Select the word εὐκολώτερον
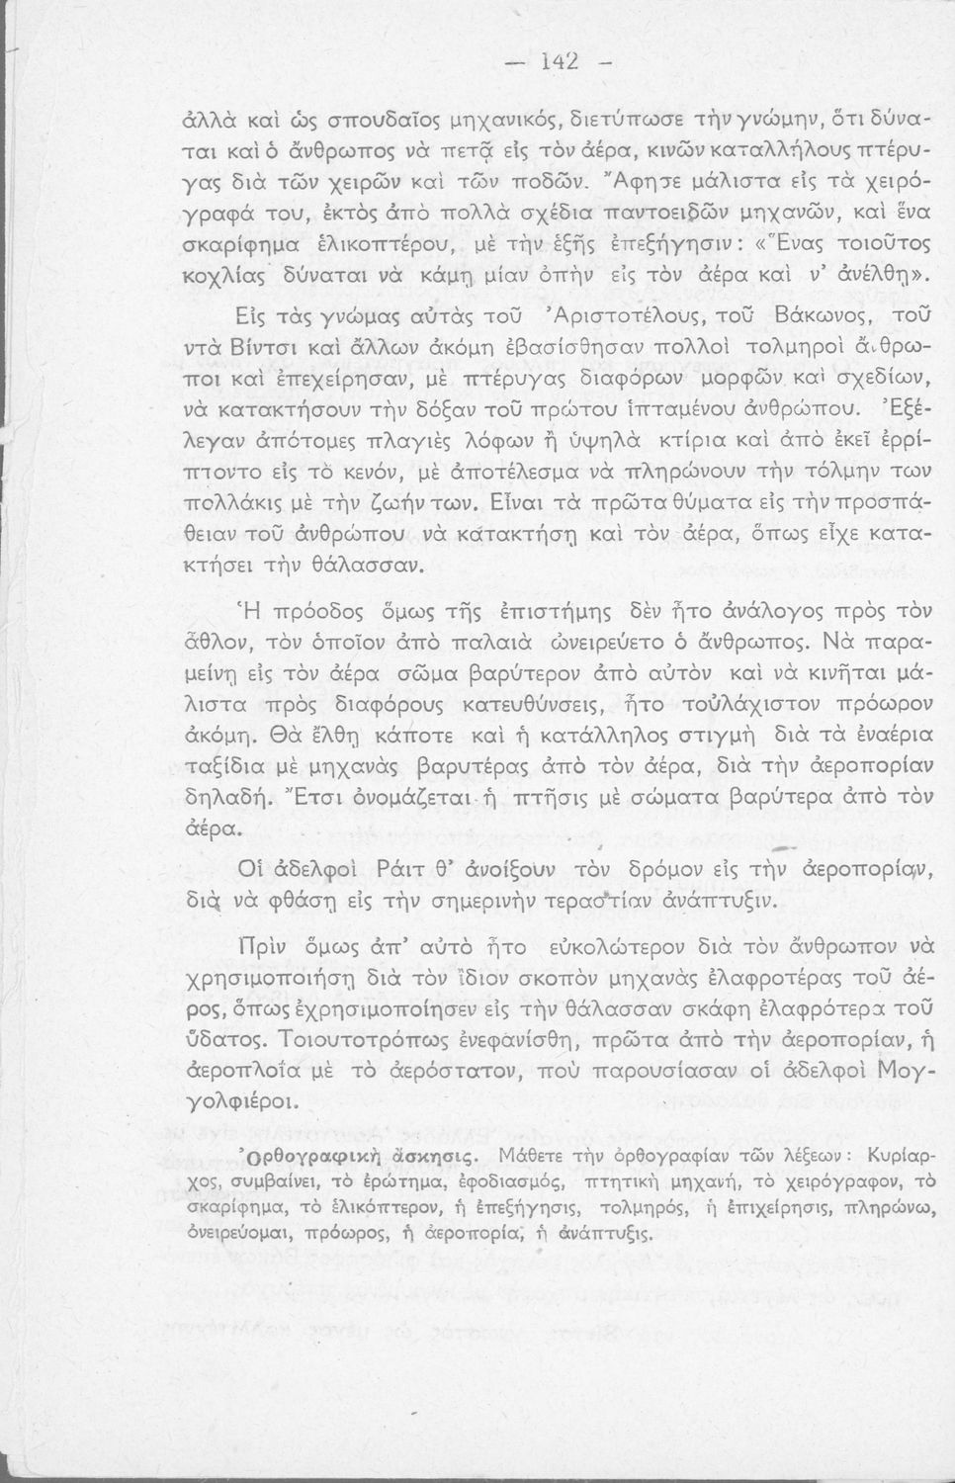click(628, 947)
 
